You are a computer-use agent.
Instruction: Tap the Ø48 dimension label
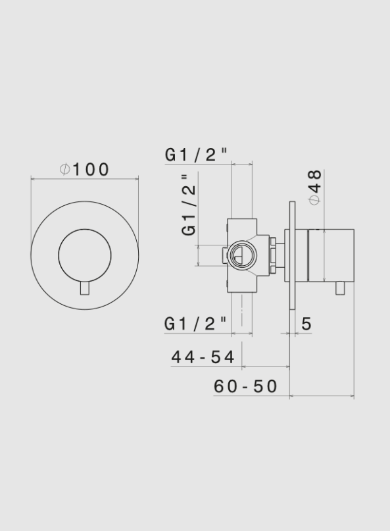pyautogui.click(x=315, y=187)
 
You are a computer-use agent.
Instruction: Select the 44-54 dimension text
pyautogui.click(x=203, y=357)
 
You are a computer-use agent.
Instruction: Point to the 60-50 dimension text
pyautogui.click(x=245, y=386)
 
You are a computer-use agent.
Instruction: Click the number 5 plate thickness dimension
pyautogui.click(x=306, y=324)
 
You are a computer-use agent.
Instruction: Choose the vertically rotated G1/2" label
pyautogui.click(x=189, y=205)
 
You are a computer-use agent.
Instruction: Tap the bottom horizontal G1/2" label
pyautogui.click(x=196, y=324)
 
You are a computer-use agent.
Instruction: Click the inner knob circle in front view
pyautogui.click(x=84, y=256)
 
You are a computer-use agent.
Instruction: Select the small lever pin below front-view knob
pyautogui.click(x=84, y=288)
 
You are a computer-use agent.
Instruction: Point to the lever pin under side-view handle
pyautogui.click(x=340, y=288)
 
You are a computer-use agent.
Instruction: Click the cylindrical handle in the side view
pyautogui.click(x=332, y=255)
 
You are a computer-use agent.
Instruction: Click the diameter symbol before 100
pyautogui.click(x=64, y=170)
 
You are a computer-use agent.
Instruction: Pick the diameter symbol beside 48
pyautogui.click(x=315, y=199)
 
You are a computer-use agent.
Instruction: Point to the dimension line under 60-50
pyautogui.click(x=322, y=397)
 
